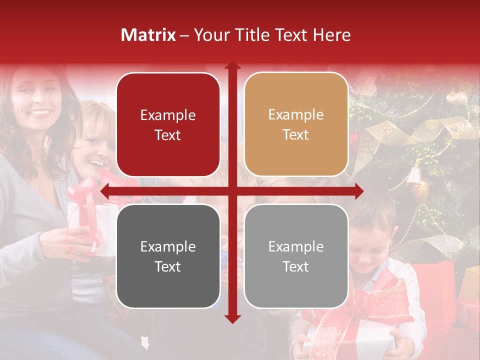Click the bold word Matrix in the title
coord(148,35)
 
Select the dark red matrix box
coord(168,124)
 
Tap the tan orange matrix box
coord(296,124)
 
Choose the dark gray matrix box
coord(168,256)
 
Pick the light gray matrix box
coord(296,256)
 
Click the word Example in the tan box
coord(296,115)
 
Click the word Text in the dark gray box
coord(168,267)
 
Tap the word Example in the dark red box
coord(168,115)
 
